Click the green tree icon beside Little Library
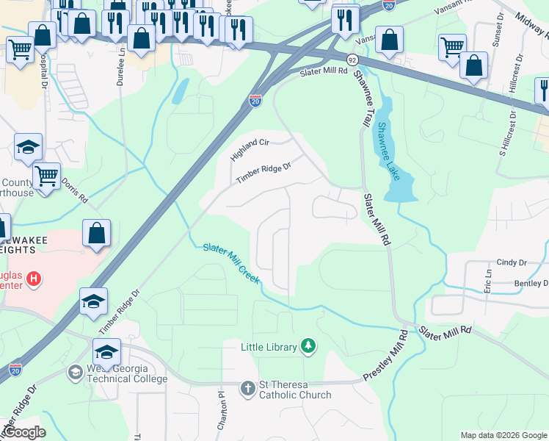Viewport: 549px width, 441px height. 309,346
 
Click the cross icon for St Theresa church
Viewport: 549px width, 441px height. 248,387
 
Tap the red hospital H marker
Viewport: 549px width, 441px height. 33,279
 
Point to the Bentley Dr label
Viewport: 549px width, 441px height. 531,283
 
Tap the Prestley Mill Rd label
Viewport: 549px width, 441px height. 385,356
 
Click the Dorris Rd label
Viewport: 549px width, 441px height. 74,190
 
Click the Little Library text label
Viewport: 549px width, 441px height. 269,346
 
